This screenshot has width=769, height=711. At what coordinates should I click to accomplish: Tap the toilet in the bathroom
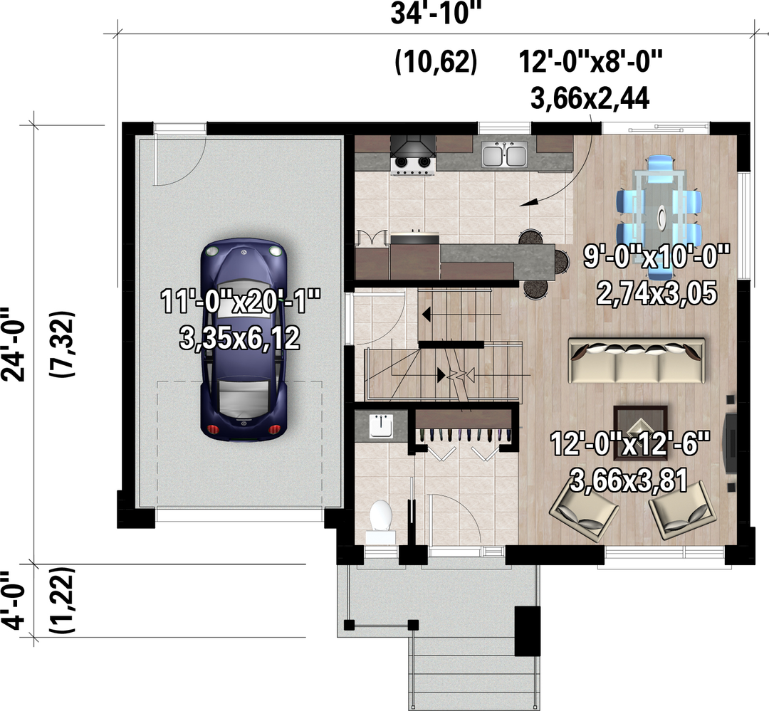coord(380,521)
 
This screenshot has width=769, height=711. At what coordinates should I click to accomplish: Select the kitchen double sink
coord(504,154)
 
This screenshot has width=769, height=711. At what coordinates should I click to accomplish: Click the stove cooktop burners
coord(412,163)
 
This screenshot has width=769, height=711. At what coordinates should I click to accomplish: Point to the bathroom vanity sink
coord(380,425)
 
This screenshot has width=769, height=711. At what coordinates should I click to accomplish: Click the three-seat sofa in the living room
coord(637,360)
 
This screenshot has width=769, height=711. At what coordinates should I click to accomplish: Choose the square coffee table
coord(640,433)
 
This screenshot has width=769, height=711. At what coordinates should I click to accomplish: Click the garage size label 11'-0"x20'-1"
coord(241,301)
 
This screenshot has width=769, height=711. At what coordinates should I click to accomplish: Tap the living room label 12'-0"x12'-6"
coord(629,444)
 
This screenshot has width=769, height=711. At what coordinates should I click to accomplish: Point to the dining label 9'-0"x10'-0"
coord(656,256)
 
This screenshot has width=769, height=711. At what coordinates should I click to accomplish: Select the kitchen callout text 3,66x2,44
coord(590,98)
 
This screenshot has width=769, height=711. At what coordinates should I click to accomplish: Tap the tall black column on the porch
coord(527,631)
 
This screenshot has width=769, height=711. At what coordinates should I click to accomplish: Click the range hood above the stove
coord(413,146)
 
